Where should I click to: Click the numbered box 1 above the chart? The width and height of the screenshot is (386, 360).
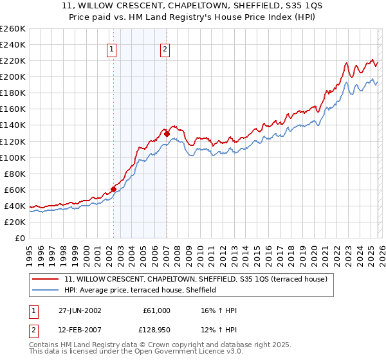(112, 49)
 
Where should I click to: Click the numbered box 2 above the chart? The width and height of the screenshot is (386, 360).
(165, 49)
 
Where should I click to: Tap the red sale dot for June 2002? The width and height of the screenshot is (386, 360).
(114, 189)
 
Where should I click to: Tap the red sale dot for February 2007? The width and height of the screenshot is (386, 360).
(167, 134)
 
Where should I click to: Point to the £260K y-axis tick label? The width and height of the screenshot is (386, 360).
(12, 29)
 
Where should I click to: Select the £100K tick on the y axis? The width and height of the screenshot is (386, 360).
(12, 157)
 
